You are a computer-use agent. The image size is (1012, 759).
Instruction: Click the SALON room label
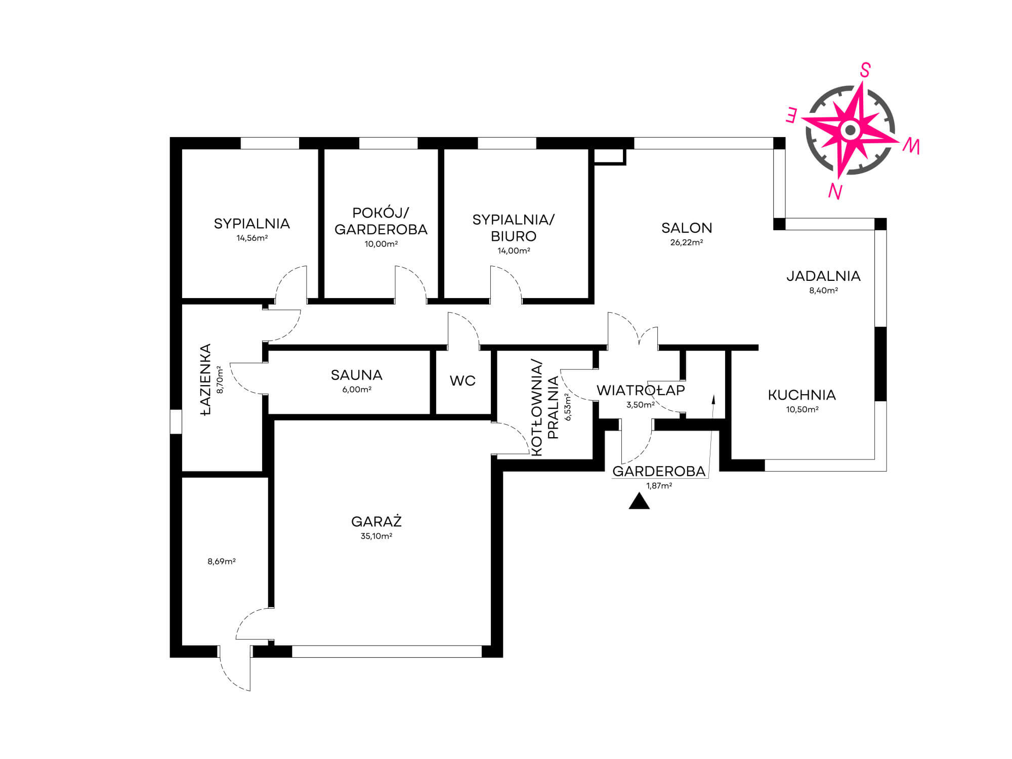point(687,228)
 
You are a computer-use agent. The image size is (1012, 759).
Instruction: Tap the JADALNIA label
point(823,276)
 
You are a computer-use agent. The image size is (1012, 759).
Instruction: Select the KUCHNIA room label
point(802,395)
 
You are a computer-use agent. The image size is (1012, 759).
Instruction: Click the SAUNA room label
point(357,375)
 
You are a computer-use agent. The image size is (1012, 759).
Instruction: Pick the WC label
point(462,381)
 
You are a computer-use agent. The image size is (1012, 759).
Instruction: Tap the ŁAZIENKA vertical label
point(205,379)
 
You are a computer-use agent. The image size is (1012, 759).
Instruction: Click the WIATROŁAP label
point(641,390)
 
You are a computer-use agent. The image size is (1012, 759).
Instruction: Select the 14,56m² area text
point(252,238)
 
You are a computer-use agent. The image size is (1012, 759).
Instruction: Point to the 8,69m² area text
point(222,561)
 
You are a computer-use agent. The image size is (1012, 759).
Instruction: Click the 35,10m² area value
point(376,536)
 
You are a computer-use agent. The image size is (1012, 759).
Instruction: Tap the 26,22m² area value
point(687,242)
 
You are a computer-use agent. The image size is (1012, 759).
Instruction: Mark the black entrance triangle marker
point(639,501)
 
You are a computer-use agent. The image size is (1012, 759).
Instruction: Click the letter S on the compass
point(865,70)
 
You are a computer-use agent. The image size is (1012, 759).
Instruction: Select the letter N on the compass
point(835,191)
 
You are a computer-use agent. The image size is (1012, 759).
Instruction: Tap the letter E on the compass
point(792,116)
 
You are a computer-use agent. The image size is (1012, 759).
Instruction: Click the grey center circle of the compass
point(851,130)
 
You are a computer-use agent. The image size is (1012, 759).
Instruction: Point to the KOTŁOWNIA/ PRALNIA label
point(545,408)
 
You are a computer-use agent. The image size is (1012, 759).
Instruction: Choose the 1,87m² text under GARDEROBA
point(659,486)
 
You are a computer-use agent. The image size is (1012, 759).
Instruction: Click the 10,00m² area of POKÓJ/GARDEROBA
point(381,244)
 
